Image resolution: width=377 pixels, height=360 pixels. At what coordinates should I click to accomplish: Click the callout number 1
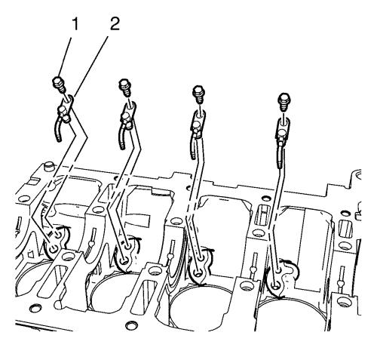point(75,25)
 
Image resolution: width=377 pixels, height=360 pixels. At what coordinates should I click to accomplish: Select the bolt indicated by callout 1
point(60,84)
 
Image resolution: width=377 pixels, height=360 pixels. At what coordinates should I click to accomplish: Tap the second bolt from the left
point(125,87)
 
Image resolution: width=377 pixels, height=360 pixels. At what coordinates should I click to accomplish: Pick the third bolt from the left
point(198,94)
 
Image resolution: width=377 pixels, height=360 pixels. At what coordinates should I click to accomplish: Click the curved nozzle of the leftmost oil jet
point(57,128)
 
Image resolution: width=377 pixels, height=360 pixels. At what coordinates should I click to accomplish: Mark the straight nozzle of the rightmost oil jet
point(280,156)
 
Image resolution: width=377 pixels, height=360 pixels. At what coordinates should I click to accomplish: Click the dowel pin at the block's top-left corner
point(48,167)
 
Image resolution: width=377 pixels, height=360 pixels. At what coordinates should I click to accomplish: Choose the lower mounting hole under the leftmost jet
point(54,249)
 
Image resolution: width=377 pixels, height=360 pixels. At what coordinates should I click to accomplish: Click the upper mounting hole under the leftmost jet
point(58,235)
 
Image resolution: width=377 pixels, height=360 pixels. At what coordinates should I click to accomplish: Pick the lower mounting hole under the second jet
point(124,261)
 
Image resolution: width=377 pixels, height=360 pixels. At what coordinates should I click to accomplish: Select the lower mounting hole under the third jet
point(198,272)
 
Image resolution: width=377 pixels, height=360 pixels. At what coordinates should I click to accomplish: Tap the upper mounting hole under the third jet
point(201,258)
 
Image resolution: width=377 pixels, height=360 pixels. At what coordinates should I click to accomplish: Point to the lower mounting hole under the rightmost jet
point(275,285)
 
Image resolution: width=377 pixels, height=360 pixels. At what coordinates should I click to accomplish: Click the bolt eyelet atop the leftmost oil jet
point(68,101)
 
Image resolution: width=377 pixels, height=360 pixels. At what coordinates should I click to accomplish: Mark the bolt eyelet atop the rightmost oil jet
point(284,123)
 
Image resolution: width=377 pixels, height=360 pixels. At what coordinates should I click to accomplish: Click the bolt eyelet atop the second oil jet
point(130,108)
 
